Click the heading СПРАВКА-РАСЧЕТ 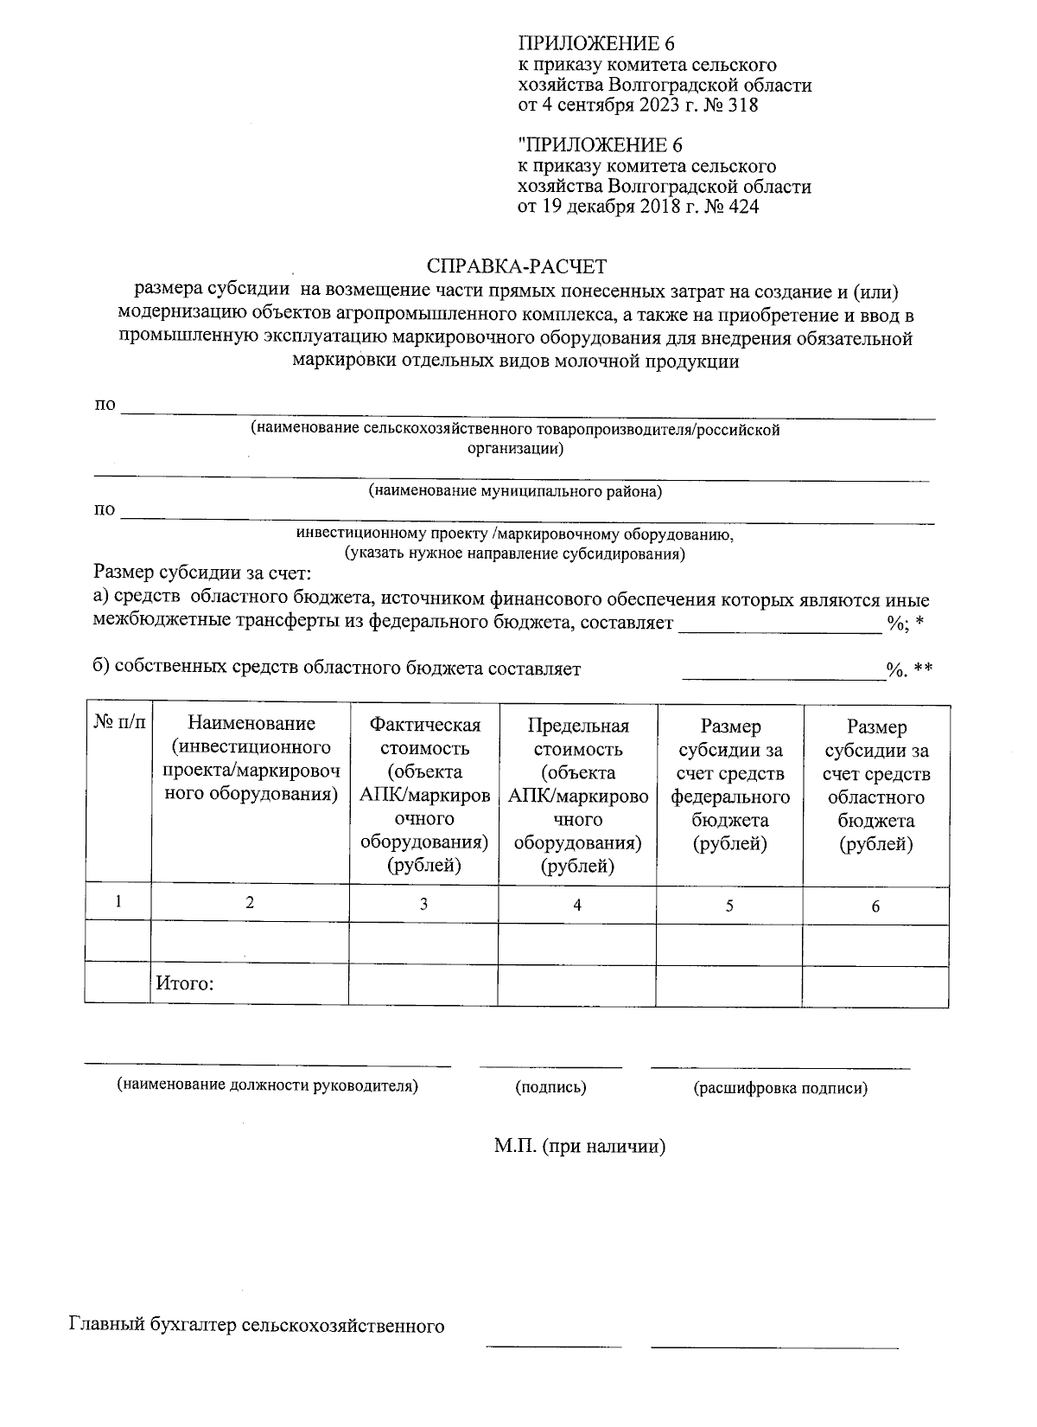click(517, 266)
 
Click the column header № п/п click(118, 721)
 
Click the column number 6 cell click(875, 905)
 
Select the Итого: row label click(184, 983)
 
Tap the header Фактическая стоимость click(423, 737)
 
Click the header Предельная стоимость click(577, 737)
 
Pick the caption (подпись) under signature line click(550, 1087)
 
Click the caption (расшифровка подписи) click(779, 1088)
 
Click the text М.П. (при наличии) click(579, 1147)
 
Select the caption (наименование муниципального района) click(515, 491)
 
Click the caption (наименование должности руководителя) click(268, 1085)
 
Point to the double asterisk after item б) click(922, 669)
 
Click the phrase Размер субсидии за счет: click(201, 573)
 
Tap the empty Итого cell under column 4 click(576, 986)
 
